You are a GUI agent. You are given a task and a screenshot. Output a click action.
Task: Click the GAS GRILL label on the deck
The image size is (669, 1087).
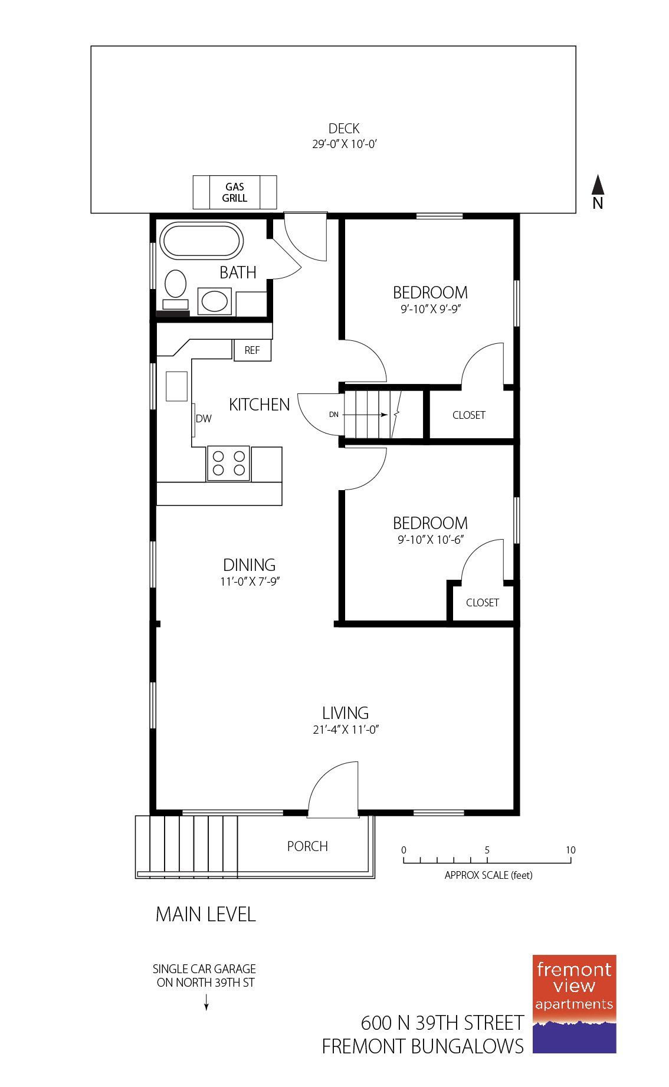[234, 192]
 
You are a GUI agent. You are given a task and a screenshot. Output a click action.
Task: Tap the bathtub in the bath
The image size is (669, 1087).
[201, 241]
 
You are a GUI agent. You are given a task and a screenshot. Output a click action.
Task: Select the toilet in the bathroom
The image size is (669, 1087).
[175, 285]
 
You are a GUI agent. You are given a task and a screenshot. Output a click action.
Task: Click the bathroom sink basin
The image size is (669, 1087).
[214, 301]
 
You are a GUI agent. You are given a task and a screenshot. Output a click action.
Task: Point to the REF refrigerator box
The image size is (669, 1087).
[252, 350]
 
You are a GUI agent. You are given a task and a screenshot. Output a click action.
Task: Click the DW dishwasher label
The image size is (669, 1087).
[204, 419]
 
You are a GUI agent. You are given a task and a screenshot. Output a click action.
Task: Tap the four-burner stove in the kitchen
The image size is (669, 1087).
[228, 463]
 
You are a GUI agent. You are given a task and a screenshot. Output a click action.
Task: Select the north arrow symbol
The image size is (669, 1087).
[598, 185]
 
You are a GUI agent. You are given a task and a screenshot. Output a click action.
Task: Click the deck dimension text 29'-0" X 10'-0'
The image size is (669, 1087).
[345, 143]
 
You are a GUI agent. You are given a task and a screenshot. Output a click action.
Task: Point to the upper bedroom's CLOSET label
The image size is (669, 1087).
[469, 415]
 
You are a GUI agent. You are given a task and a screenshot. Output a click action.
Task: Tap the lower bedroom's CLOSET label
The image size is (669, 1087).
[483, 602]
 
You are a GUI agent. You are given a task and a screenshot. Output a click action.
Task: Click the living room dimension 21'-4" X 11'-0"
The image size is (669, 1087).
[345, 730]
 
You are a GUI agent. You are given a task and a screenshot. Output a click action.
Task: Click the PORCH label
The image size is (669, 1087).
[307, 846]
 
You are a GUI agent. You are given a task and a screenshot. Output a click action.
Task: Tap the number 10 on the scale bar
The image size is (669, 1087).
[570, 850]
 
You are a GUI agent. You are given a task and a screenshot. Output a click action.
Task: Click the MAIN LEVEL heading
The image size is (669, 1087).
[205, 914]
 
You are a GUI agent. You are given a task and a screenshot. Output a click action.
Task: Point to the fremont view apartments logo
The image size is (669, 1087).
[574, 1003]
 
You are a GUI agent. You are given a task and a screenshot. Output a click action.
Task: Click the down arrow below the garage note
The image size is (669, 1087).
[206, 1002]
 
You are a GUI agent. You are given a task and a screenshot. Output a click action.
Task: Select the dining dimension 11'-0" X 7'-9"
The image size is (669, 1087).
[250, 582]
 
